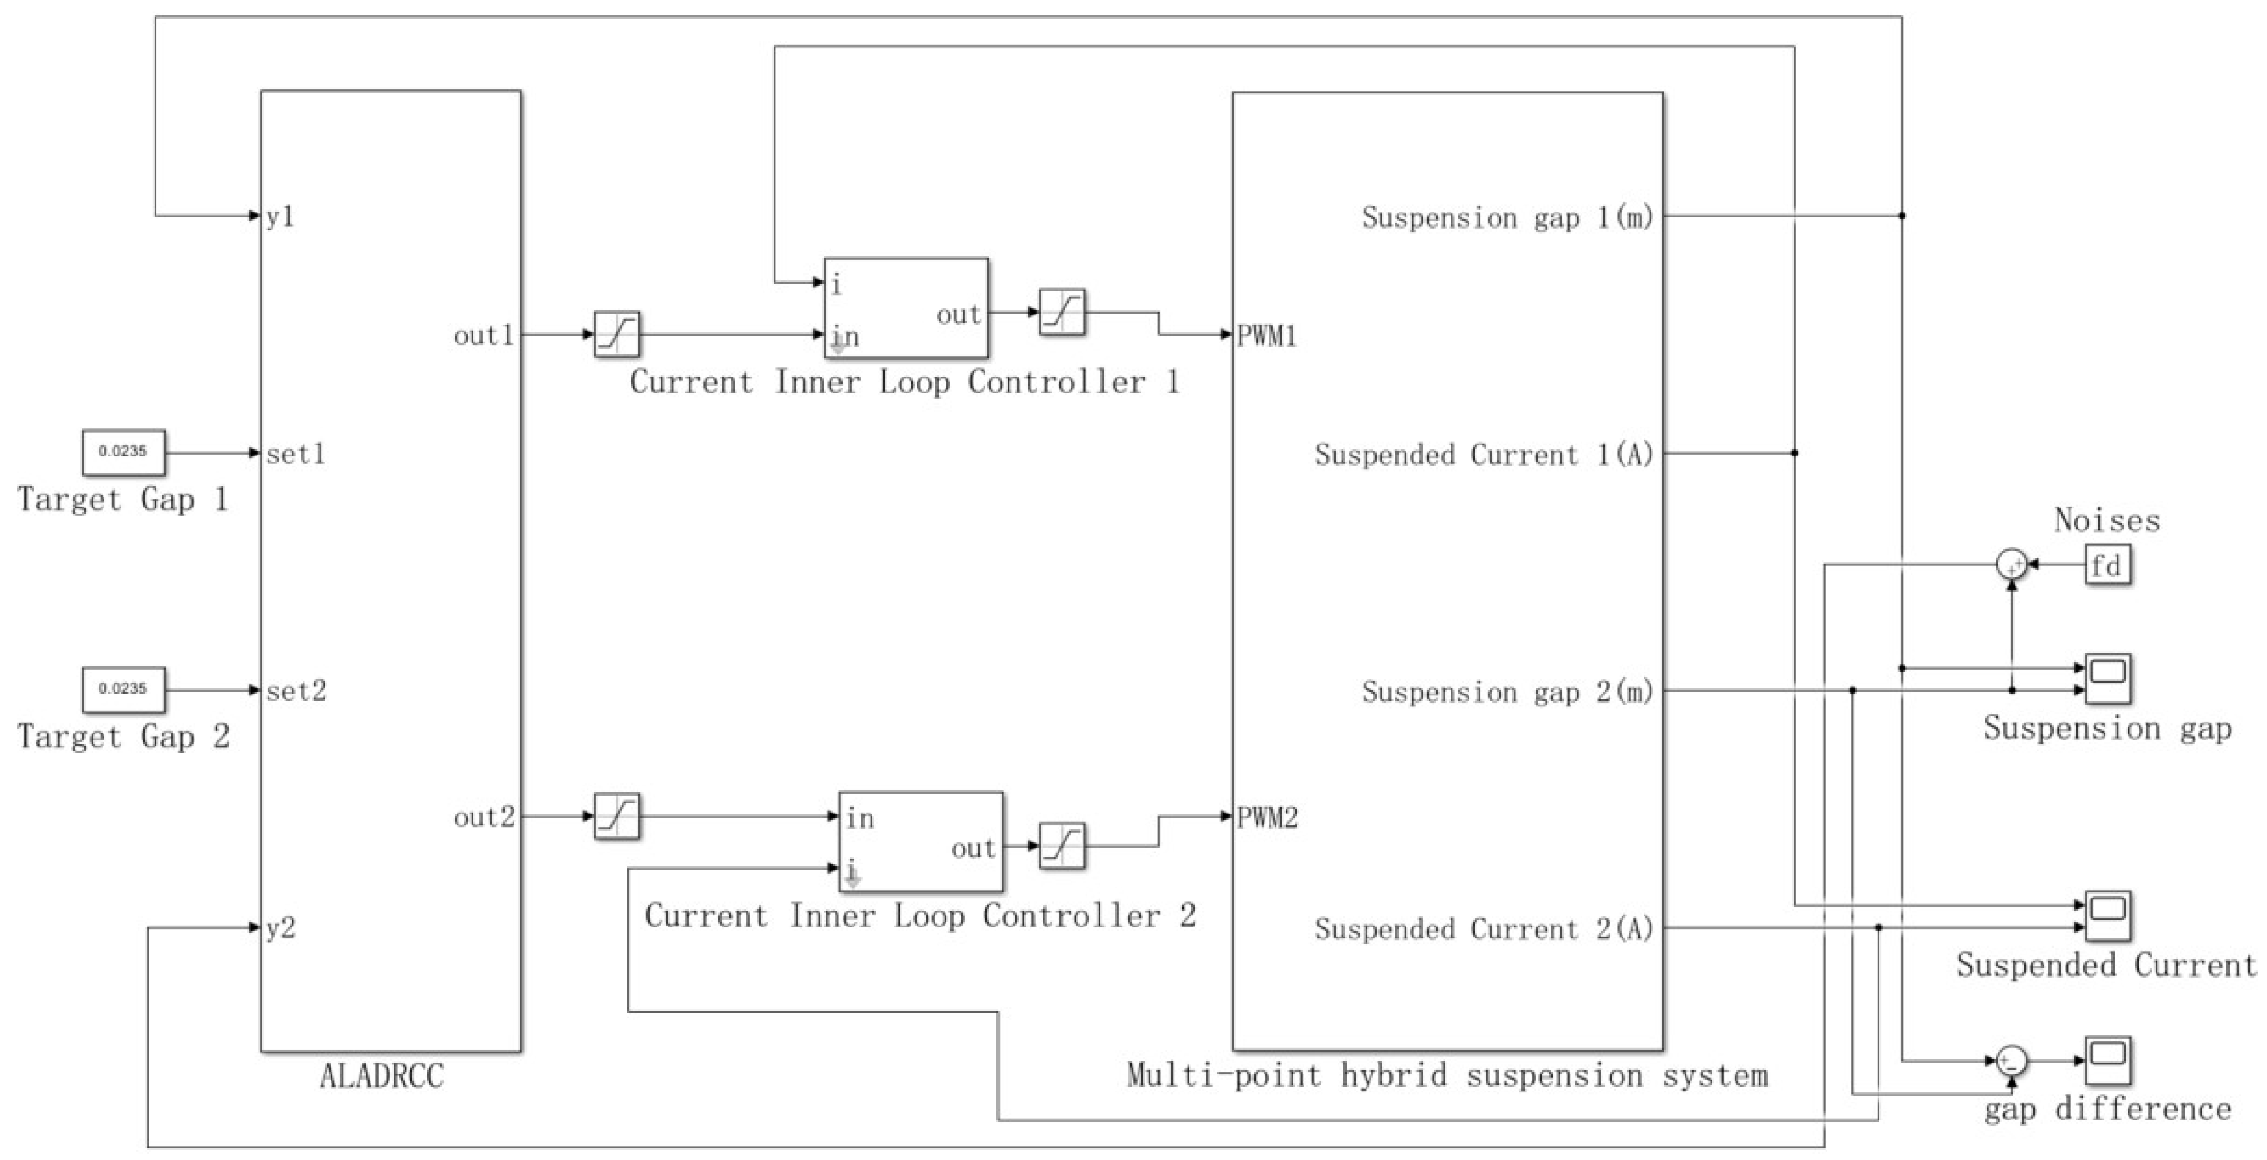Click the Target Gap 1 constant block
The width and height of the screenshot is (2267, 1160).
pyautogui.click(x=123, y=452)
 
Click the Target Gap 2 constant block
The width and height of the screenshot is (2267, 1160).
pyautogui.click(x=123, y=689)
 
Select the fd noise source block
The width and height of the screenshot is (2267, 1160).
pyautogui.click(x=2107, y=565)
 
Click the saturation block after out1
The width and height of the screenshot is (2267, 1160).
pyautogui.click(x=616, y=335)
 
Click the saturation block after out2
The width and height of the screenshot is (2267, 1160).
pyautogui.click(x=616, y=816)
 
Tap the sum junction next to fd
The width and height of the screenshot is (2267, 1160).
pyautogui.click(x=2011, y=564)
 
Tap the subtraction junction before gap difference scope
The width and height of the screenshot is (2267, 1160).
pyautogui.click(x=2011, y=1060)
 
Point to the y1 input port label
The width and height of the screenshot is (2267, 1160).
pyautogui.click(x=280, y=216)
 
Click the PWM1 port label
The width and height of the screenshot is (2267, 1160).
pyautogui.click(x=1266, y=336)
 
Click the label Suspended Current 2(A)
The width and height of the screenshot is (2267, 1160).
pyautogui.click(x=1484, y=929)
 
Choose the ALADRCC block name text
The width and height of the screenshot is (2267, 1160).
pyautogui.click(x=381, y=1075)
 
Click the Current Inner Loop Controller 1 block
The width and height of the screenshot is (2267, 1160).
pyautogui.click(x=906, y=308)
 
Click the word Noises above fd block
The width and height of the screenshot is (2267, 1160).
pyautogui.click(x=2107, y=520)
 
